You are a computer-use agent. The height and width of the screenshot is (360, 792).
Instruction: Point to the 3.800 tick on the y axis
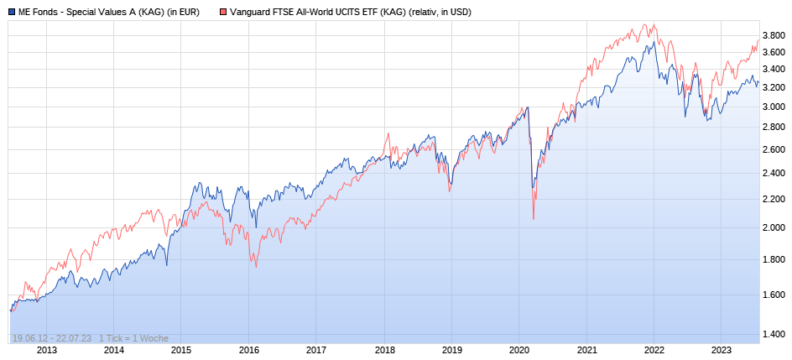point(774,34)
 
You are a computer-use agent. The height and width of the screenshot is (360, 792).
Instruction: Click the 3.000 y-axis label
point(774,106)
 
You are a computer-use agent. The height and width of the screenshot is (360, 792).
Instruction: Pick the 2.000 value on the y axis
point(774,227)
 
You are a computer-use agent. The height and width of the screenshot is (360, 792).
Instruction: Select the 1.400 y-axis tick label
point(774,335)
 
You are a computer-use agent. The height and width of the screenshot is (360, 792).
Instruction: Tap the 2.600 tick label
point(774,149)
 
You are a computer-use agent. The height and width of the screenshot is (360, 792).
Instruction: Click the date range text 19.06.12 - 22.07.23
point(52,338)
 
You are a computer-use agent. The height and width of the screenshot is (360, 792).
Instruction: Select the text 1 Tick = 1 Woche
point(134,338)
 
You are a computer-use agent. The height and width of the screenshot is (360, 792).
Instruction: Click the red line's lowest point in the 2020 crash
point(534,220)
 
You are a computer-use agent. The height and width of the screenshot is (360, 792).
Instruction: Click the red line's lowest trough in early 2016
point(256,267)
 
